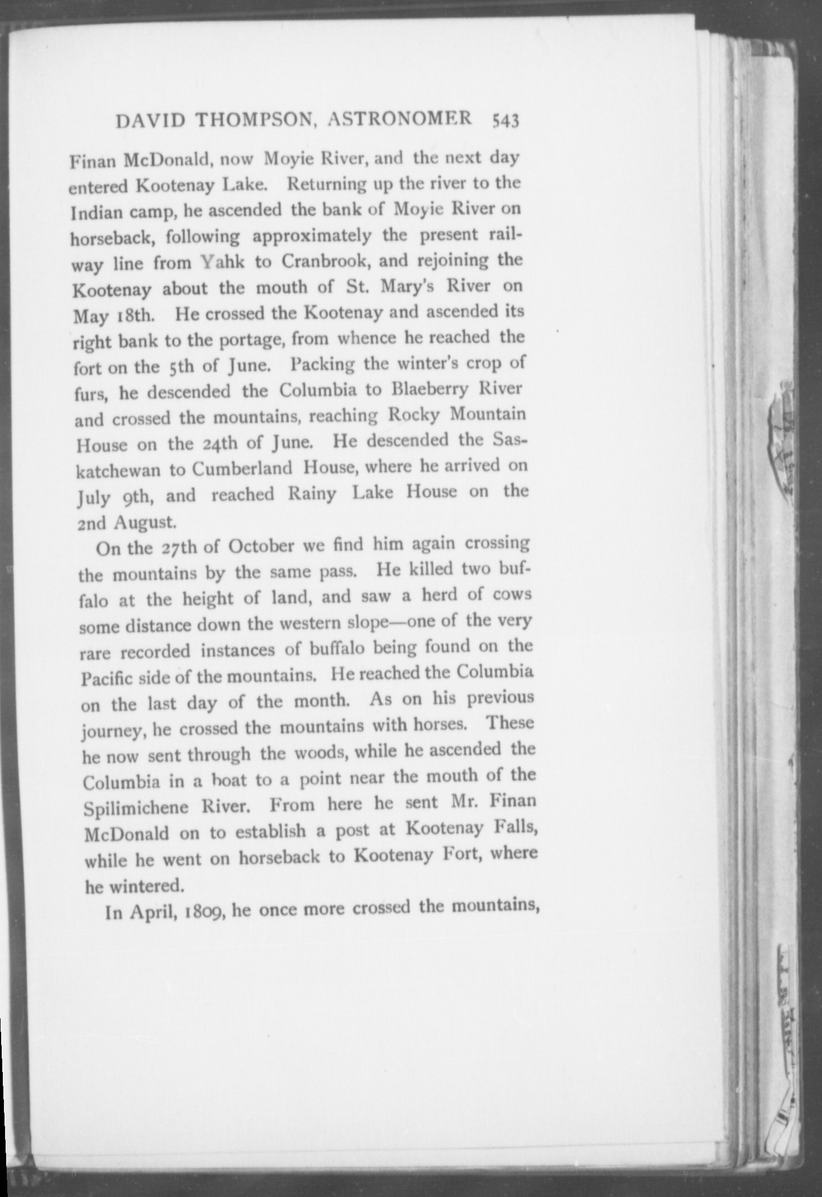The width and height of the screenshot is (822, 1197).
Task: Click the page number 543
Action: pyautogui.click(x=506, y=121)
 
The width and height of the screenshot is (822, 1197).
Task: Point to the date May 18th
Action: pyautogui.click(x=112, y=315)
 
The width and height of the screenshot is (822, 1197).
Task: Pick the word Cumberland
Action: pyautogui.click(x=242, y=468)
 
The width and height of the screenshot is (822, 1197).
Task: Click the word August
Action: pyautogui.click(x=145, y=522)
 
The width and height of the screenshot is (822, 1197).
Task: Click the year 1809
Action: pyautogui.click(x=205, y=912)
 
